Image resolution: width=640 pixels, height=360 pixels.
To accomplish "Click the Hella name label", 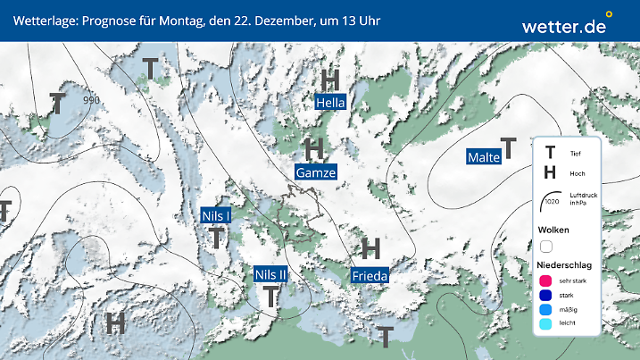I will tap(330, 103).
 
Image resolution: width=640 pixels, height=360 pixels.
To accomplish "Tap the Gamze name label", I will tap(315, 172).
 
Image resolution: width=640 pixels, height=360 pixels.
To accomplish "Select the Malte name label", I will tap(483, 158).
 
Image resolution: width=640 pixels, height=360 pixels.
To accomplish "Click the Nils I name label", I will tap(216, 215).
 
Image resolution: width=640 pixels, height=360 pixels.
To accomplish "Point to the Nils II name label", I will tap(270, 274).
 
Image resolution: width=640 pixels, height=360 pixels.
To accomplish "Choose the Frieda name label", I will tap(370, 276).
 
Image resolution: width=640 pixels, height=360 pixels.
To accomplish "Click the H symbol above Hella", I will tap(330, 80).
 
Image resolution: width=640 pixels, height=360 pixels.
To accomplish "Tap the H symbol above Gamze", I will tap(314, 148).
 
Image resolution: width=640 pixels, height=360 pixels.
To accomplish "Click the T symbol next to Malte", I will tap(509, 147).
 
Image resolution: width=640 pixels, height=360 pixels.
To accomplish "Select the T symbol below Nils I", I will tap(216, 238).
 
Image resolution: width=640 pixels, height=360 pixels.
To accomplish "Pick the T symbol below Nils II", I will tap(270, 297).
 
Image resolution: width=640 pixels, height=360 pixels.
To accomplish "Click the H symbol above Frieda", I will tap(370, 248).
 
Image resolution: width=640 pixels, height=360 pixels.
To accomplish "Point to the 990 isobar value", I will tap(91, 100).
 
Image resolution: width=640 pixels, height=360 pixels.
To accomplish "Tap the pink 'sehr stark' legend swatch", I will tap(544, 281).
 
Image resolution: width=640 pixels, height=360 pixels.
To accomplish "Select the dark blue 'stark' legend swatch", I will tap(544, 296).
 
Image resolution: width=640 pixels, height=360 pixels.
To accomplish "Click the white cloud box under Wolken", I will tap(546, 246).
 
